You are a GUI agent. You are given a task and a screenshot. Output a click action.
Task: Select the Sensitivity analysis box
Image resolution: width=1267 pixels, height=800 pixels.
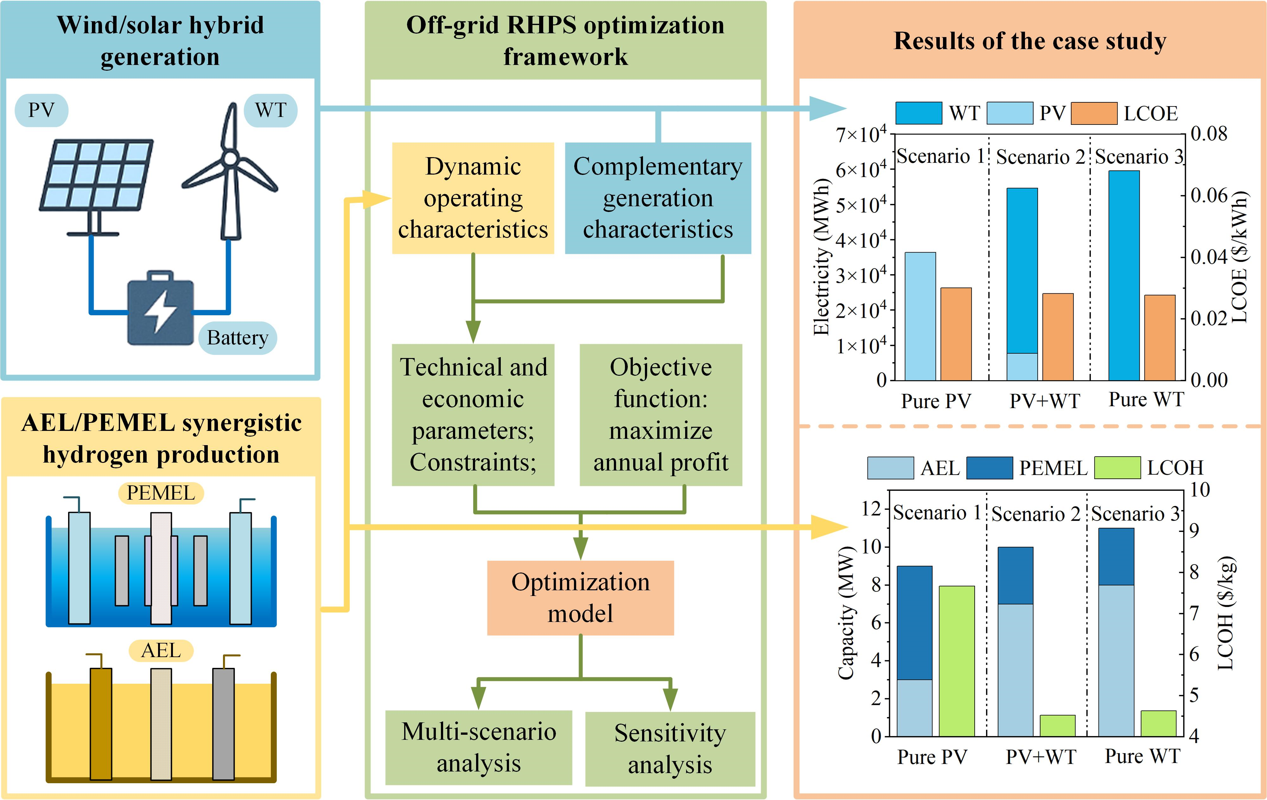(x=670, y=748)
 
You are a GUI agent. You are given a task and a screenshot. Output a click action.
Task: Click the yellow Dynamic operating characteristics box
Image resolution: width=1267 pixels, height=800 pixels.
(x=473, y=198)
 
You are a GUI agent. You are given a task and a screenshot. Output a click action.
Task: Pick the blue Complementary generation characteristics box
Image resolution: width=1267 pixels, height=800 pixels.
(x=658, y=198)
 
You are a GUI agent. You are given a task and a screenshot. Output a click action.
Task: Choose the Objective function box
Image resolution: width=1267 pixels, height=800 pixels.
(x=660, y=415)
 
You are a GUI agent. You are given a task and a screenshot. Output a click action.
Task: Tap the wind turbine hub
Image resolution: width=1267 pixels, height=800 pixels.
(x=230, y=158)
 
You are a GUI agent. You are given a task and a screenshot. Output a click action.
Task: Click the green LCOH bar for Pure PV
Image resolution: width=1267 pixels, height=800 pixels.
(x=957, y=661)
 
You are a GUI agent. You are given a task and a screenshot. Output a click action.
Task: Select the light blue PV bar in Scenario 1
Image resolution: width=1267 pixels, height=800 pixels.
(x=920, y=316)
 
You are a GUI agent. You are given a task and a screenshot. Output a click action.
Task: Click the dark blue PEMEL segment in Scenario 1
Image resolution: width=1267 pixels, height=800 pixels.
(x=914, y=623)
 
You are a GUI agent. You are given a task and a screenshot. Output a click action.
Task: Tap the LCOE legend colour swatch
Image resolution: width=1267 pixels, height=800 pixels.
(x=1094, y=113)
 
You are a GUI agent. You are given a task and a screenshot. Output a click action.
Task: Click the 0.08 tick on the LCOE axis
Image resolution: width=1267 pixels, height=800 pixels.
(x=1209, y=134)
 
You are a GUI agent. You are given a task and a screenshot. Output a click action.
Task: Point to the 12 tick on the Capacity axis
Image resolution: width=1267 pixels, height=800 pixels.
(x=871, y=509)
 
